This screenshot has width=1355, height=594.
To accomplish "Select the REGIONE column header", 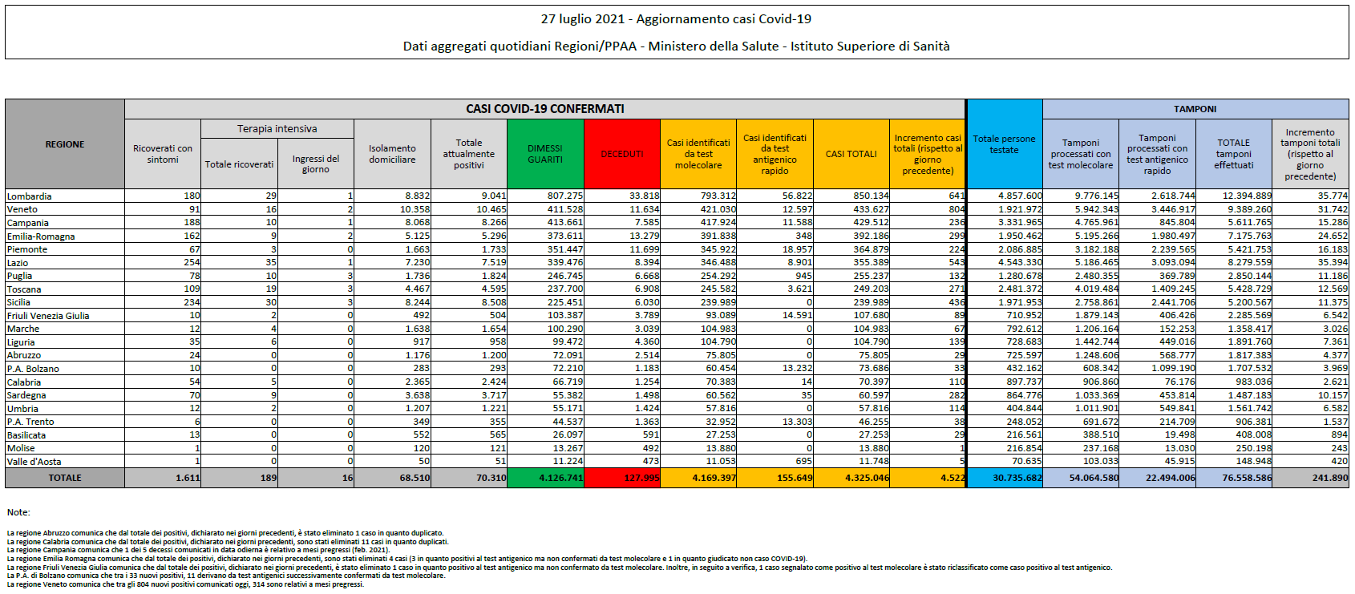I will click(x=65, y=144).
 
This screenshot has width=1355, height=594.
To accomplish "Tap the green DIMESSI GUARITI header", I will click(x=545, y=154).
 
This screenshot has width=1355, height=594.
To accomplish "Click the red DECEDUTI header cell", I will click(x=622, y=154).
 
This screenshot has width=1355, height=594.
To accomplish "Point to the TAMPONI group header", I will click(x=1195, y=109).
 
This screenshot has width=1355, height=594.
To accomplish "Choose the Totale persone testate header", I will click(x=1004, y=144).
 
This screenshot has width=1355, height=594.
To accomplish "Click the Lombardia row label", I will click(x=29, y=196).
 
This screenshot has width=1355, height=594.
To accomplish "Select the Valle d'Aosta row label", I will click(x=34, y=462).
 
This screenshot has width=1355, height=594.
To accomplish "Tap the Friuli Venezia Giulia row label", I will click(x=48, y=316).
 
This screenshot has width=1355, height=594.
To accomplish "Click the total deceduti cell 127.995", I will click(x=641, y=478).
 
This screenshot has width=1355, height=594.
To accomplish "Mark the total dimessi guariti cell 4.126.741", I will click(x=561, y=478).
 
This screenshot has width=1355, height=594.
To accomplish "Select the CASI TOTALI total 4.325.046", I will click(x=867, y=478).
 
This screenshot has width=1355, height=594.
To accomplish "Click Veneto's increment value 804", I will click(x=957, y=209).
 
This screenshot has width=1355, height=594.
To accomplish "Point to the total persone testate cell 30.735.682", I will click(x=1017, y=478).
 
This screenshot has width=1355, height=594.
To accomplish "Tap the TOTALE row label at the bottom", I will click(x=65, y=478).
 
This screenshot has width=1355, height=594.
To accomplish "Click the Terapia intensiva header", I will click(x=277, y=129).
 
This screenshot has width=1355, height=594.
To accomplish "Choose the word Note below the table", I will click(x=18, y=512).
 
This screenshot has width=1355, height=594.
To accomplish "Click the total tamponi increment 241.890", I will click(x=1330, y=478).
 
